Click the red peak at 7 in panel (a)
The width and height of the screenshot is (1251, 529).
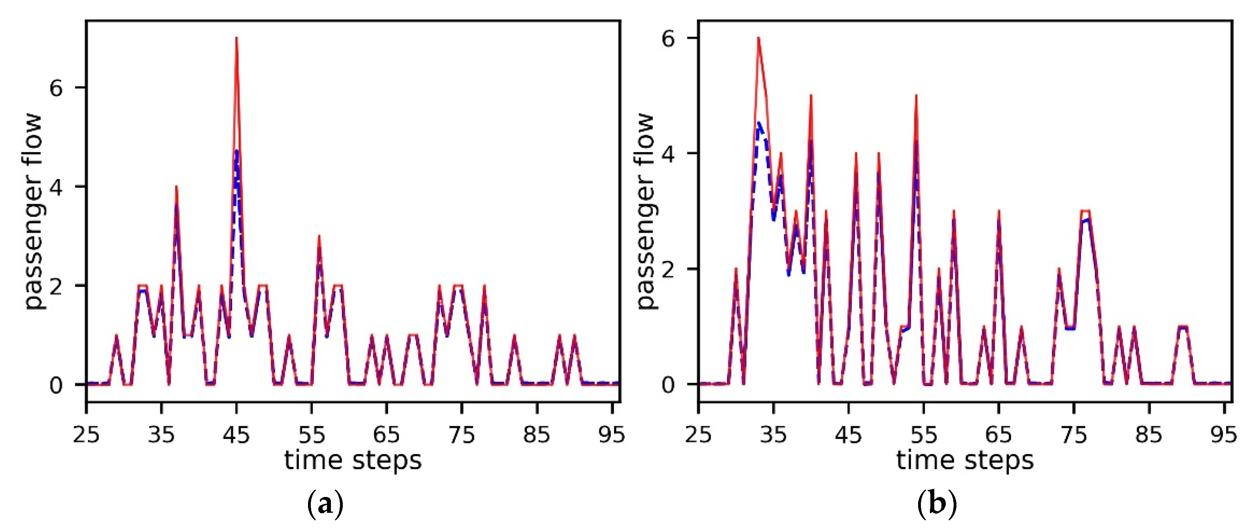coord(237,38)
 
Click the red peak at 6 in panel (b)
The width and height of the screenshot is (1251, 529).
coord(758,38)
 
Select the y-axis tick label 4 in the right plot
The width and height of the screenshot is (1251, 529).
coord(668,154)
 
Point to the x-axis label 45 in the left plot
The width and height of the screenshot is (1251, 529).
coord(237,434)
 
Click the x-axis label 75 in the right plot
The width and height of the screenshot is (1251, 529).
coord(1074,434)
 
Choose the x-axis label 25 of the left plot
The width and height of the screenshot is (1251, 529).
coord(86,434)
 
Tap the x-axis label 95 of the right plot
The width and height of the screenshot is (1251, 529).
coord(1223,434)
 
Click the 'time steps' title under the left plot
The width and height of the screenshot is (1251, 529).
coord(353,460)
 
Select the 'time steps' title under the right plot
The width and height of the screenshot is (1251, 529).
coord(965,460)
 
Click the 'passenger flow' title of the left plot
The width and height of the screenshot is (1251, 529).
coord(34,211)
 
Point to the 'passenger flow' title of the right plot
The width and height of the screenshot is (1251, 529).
coord(646,211)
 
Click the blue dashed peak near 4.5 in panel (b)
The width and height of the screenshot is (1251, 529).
coord(758,123)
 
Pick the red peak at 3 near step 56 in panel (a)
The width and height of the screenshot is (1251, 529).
coord(319,237)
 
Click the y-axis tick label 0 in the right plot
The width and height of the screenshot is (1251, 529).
coord(668,385)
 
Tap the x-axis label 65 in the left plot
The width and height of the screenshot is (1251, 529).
coord(387,434)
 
